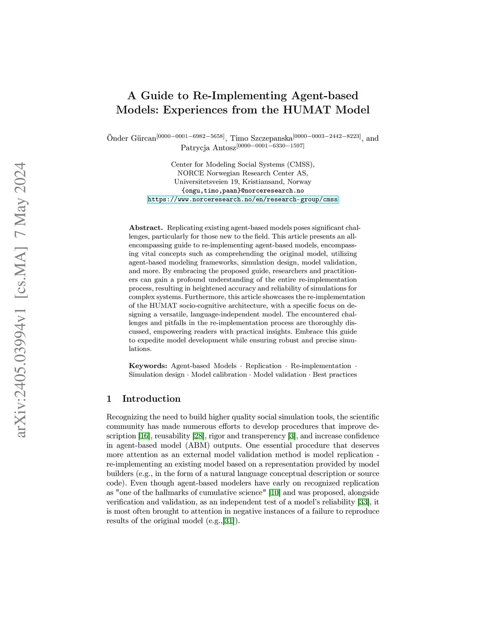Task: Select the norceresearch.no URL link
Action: coord(242,200)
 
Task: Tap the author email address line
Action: coord(242,191)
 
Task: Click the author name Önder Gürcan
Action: coord(132,138)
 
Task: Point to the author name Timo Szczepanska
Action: coord(261,138)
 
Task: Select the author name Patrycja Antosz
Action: coord(208,148)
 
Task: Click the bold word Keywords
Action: coord(148,366)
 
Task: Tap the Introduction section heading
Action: coord(151,399)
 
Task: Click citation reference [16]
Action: coord(144,436)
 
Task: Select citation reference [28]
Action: coord(198,436)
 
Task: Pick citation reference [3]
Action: coord(292,436)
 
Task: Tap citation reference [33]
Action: coord(364,502)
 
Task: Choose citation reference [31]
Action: coord(229,521)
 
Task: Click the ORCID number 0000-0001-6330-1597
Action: coord(270,146)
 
